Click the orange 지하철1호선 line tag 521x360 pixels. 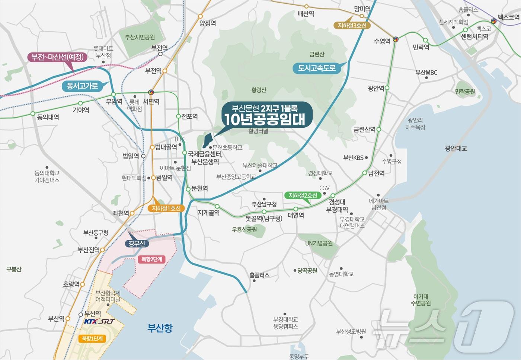coord(166,208)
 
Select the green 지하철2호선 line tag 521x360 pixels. coord(303,195)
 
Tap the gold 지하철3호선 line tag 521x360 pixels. coord(352,25)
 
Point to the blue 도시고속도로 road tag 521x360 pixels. coord(317,68)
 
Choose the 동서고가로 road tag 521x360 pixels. coord(82,86)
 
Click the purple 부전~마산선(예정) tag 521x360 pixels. coord(57,57)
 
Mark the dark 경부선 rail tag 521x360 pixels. coord(137,243)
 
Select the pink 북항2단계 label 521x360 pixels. coord(151,259)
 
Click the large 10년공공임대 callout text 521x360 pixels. coord(265,119)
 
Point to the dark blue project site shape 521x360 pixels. coord(207,141)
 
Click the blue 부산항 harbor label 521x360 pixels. coord(160,328)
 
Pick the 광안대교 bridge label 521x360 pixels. coord(456,148)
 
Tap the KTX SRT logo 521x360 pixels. coord(99,321)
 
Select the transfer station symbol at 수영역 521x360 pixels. coord(396,39)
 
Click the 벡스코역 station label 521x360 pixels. coord(508,17)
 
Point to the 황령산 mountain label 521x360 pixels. coord(259,90)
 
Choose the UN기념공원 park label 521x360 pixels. coord(319,243)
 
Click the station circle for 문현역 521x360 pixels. coord(188,189)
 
